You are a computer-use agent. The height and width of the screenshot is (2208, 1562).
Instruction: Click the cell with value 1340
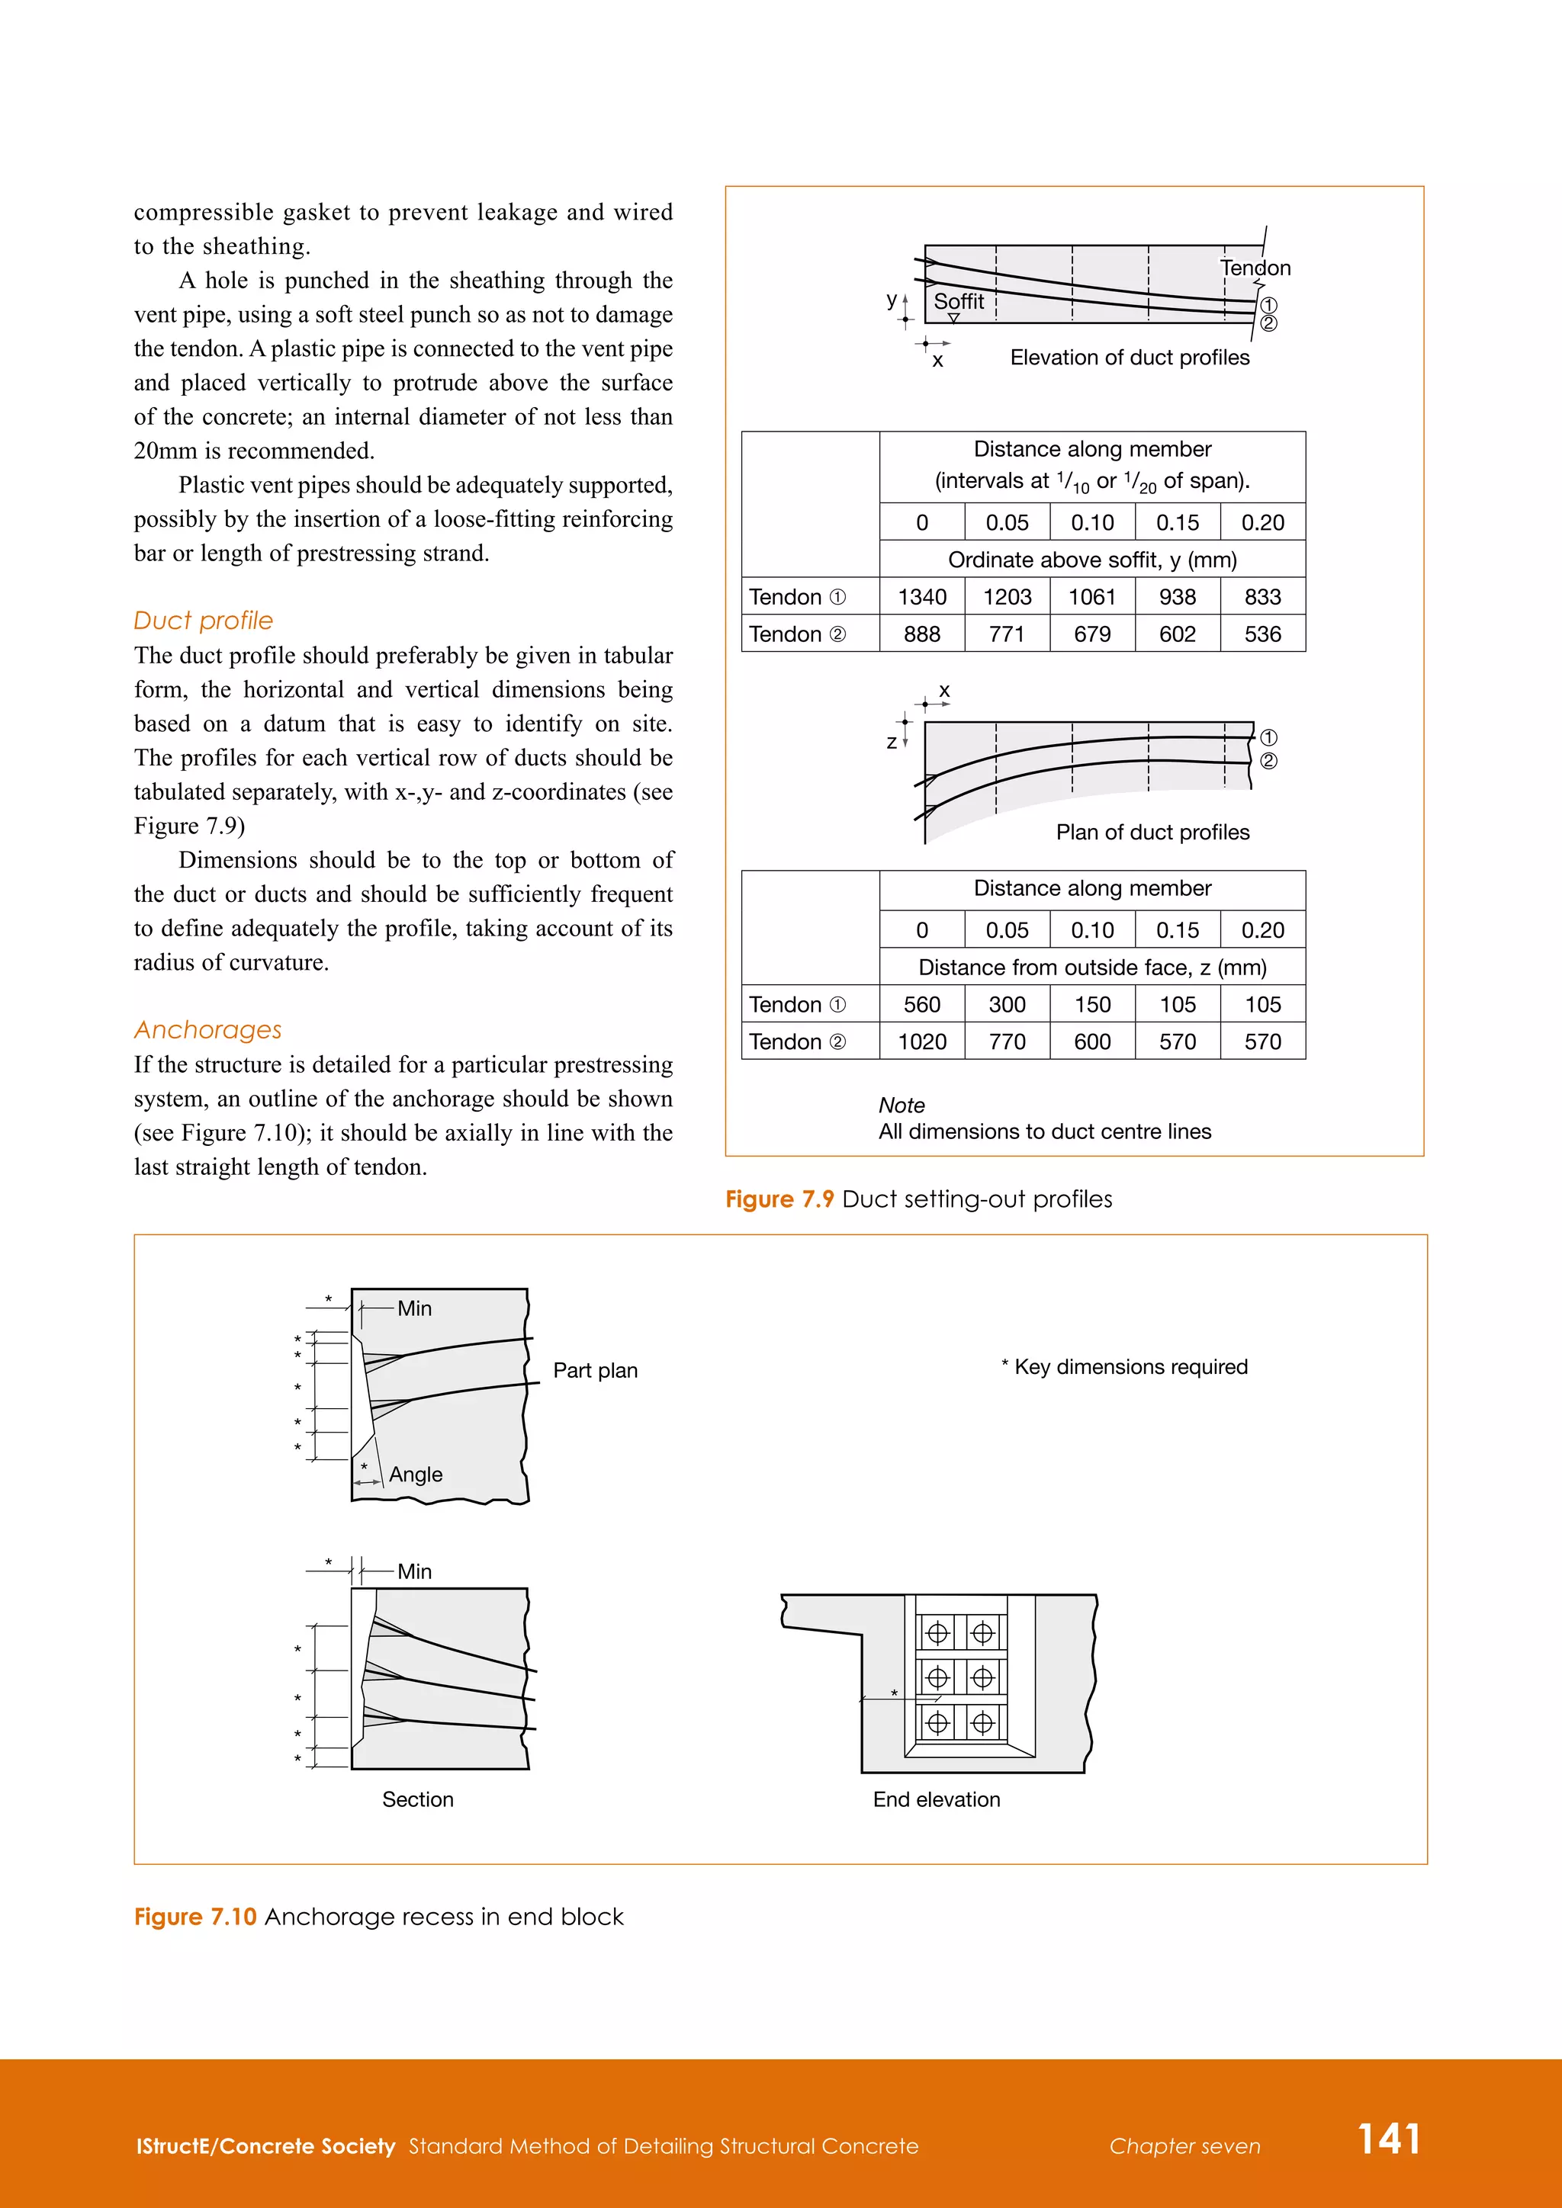[x=921, y=597]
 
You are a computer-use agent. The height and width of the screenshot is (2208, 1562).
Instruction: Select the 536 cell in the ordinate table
[x=1262, y=634]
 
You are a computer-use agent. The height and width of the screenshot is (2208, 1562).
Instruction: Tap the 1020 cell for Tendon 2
[x=921, y=1041]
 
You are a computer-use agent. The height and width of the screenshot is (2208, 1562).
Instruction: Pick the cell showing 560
[x=921, y=1005]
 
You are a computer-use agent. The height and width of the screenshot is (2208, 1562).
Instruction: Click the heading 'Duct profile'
[x=203, y=621]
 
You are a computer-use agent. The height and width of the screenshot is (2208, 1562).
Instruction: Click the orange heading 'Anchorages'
[x=207, y=1030]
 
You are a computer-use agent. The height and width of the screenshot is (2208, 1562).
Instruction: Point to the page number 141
[x=1388, y=2139]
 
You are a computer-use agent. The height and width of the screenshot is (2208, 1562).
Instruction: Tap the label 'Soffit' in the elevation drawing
[x=958, y=301]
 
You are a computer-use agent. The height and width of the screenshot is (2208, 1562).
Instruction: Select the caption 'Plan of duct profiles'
[x=1152, y=832]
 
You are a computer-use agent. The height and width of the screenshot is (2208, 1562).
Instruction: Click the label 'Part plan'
[x=594, y=1370]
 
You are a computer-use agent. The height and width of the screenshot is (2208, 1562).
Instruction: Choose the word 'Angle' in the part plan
[x=416, y=1475]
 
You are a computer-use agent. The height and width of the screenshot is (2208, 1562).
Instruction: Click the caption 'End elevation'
[x=936, y=1799]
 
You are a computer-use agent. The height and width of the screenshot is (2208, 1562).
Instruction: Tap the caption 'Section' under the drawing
[x=417, y=1799]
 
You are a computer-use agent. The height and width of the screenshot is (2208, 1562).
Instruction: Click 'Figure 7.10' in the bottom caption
[x=195, y=1917]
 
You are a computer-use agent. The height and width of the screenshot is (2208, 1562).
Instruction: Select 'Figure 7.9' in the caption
[x=779, y=1199]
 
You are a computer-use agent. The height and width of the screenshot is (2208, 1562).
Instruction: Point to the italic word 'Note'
[x=902, y=1105]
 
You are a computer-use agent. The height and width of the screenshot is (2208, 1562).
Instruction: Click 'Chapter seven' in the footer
[x=1184, y=2146]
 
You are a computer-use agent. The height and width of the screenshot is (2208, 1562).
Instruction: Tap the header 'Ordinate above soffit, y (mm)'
[x=1091, y=560]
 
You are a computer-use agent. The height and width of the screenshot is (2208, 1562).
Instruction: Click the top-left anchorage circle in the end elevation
[x=937, y=1633]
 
